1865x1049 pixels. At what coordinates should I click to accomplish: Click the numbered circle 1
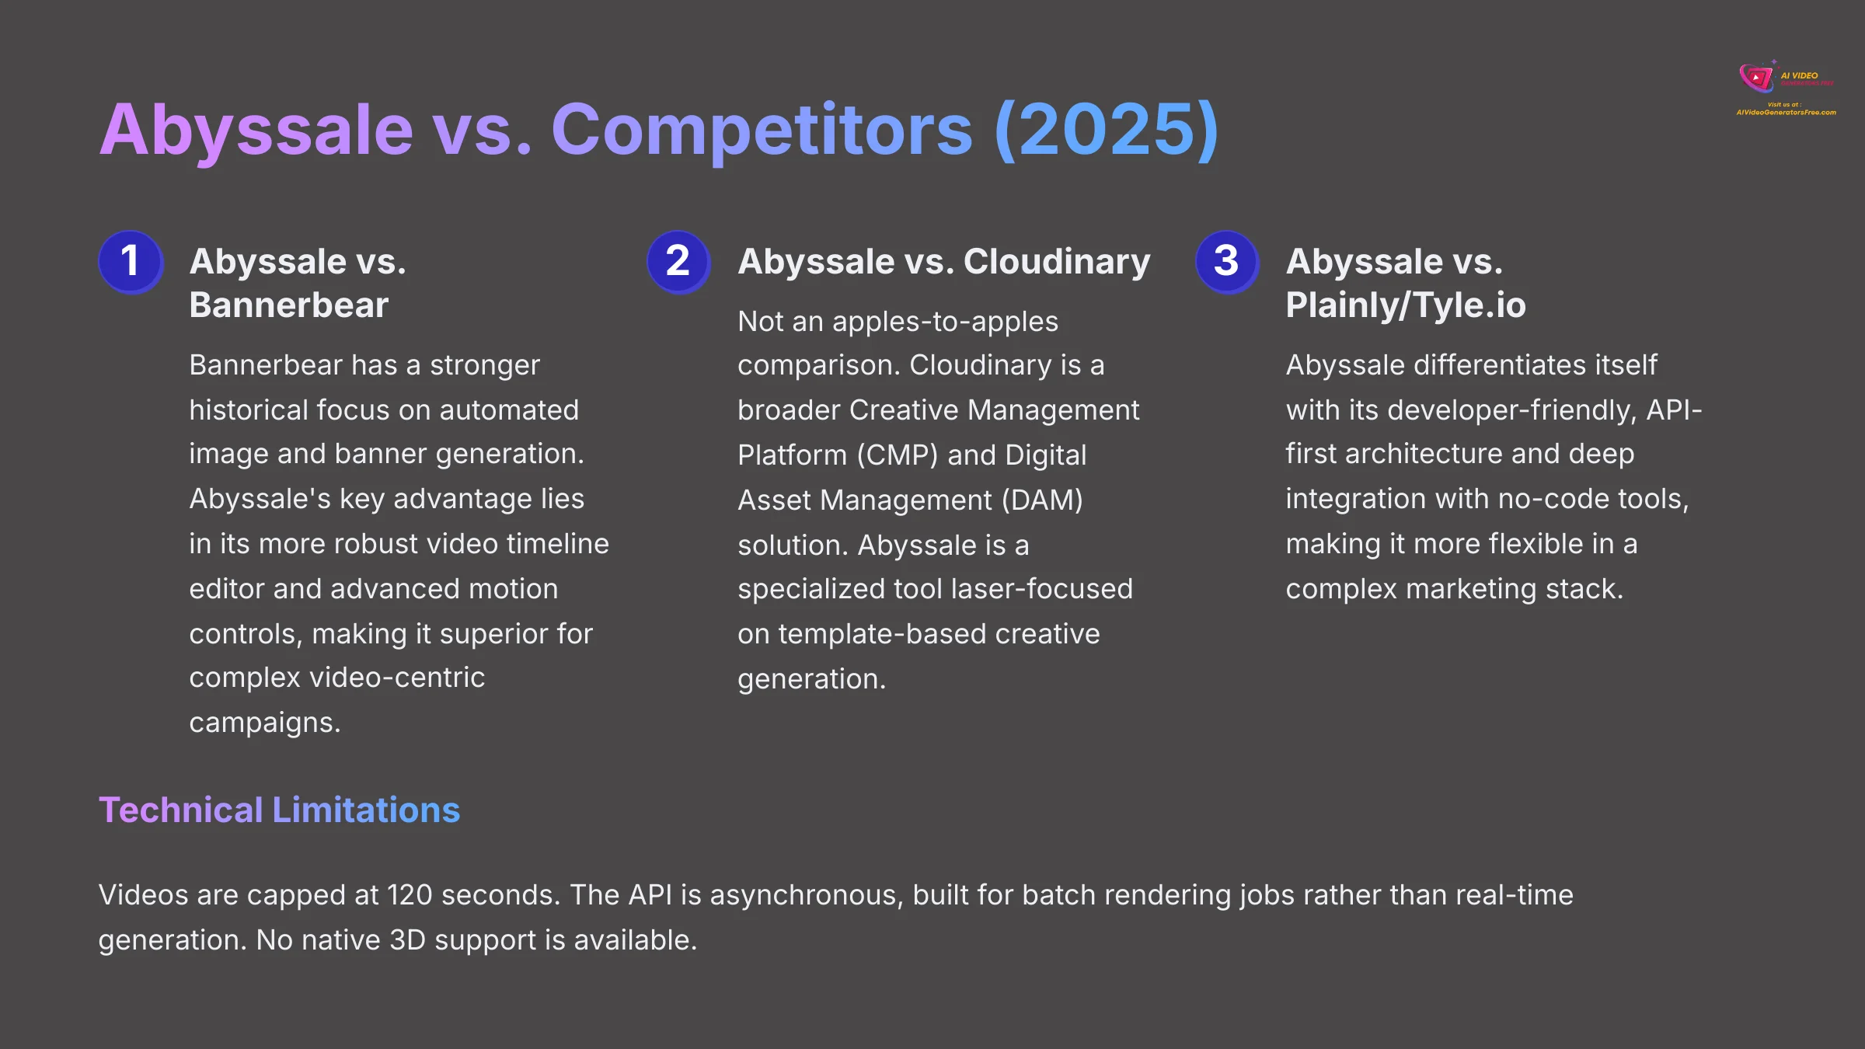131,261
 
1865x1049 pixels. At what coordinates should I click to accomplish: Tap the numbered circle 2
678,261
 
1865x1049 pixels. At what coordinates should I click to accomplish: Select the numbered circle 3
1226,261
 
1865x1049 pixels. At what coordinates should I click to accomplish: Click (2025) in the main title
1106,131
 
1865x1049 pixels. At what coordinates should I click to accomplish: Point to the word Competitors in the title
762,131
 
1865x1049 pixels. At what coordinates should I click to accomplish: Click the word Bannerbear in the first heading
288,305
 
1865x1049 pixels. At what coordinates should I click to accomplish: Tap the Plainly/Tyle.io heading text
1405,305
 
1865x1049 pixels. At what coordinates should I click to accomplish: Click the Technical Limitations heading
279,810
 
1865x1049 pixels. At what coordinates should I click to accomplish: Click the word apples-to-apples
945,322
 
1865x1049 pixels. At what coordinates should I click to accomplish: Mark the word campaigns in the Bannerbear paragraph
264,723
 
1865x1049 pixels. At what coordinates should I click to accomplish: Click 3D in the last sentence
407,940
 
